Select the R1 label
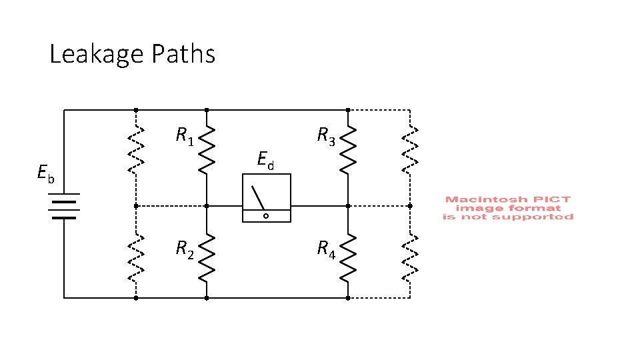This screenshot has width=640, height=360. point(184,137)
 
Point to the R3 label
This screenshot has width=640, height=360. point(325,137)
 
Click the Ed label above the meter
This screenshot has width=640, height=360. point(265,160)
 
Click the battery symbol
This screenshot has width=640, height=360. point(64,206)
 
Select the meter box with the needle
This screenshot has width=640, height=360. point(266,198)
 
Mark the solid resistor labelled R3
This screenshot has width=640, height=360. point(347,151)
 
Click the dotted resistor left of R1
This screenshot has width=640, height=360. point(136,151)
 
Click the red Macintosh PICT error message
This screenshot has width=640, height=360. point(508,208)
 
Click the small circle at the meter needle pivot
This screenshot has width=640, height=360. point(265,216)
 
